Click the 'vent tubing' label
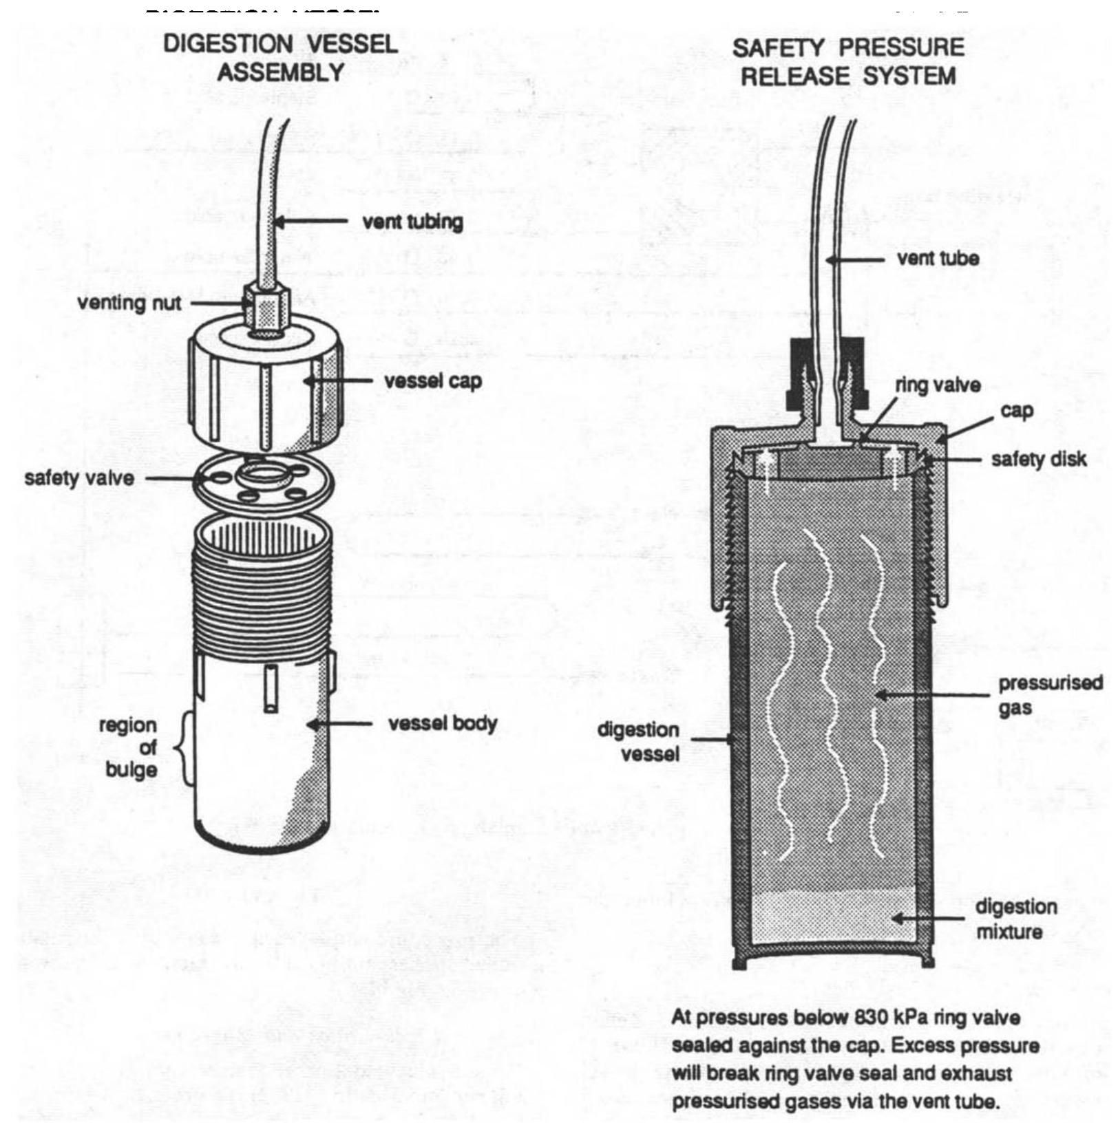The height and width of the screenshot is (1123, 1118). click(412, 222)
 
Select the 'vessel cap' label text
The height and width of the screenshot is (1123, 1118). click(432, 381)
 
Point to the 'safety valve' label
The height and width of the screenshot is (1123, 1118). click(79, 478)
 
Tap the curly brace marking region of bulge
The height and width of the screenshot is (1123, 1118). click(184, 747)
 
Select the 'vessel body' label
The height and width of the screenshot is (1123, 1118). click(442, 724)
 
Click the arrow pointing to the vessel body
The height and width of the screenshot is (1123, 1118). click(340, 724)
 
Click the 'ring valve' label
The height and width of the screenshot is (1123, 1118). click(937, 385)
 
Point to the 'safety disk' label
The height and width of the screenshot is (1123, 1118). click(1038, 459)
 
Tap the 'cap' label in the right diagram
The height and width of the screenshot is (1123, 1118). click(1017, 411)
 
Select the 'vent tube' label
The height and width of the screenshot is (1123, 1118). click(938, 259)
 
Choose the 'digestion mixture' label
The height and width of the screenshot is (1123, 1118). click(1015, 919)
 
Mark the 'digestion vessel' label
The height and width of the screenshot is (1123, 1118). click(638, 741)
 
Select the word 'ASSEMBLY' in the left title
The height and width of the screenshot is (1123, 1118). click(280, 72)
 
